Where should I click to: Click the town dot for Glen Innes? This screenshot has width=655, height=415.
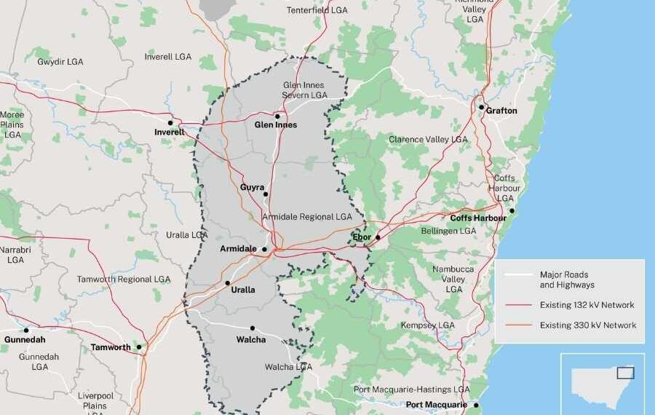277,116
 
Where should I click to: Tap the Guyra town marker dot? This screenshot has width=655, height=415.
266,194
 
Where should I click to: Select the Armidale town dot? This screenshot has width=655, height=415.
264,249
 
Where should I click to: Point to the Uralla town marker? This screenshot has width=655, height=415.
228,283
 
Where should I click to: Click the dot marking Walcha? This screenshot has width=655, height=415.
253,328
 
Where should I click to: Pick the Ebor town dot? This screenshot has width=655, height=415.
378,237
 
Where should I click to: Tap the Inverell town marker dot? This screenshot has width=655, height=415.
170,123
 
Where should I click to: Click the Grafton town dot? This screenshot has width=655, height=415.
481,107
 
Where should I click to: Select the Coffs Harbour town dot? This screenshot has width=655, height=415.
512,211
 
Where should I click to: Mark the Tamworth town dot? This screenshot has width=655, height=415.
139,347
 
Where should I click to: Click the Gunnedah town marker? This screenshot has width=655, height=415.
26,330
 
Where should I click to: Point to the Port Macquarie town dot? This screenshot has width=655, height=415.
476,405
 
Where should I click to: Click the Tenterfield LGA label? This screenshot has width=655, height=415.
317,10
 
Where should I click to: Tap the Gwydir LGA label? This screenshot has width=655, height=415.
60,62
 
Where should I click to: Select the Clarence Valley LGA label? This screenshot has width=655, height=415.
428,139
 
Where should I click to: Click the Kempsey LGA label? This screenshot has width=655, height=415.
428,325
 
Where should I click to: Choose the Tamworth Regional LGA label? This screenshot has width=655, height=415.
124,279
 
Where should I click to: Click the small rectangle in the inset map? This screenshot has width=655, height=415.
625,373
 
